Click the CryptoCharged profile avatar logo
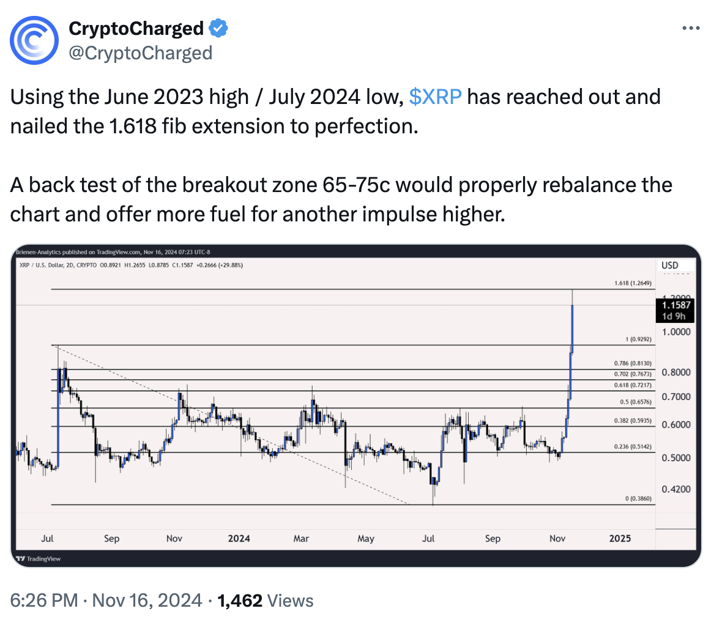click(35, 40)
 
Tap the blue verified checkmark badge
click(219, 28)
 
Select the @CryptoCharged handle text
click(140, 53)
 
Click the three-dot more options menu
click(691, 29)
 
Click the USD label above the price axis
click(671, 265)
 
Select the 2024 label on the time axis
click(239, 538)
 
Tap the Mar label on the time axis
click(301, 538)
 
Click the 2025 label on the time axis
click(620, 538)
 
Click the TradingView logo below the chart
click(38, 558)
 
